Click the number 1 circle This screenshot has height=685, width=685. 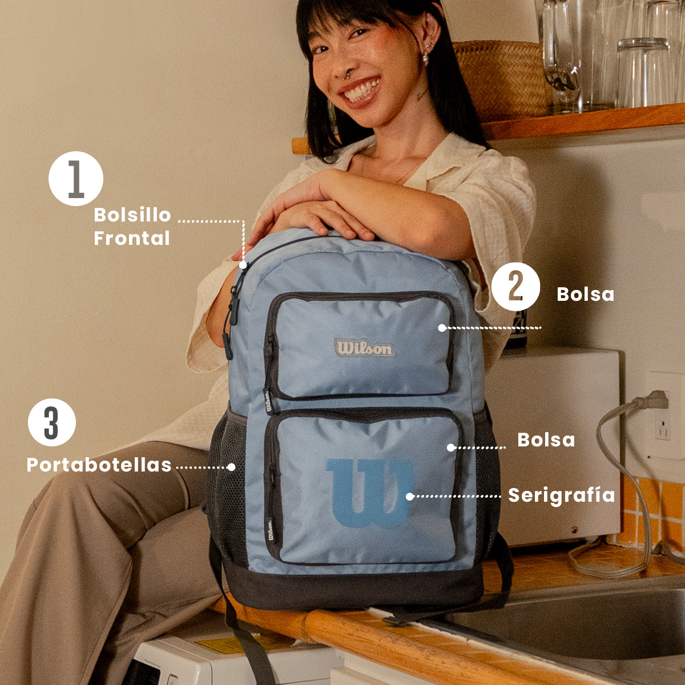pyautogui.click(x=76, y=179)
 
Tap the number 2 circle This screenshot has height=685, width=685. pyautogui.click(x=515, y=287)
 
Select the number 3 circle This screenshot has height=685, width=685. pyautogui.click(x=52, y=422)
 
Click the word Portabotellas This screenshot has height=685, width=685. pyautogui.click(x=99, y=465)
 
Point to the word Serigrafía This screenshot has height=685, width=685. pyautogui.click(x=561, y=495)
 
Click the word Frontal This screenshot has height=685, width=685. pyautogui.click(x=132, y=238)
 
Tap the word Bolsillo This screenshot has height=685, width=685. pyautogui.click(x=132, y=215)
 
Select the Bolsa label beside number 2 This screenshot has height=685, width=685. pyautogui.click(x=585, y=295)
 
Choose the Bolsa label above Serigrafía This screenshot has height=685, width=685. pyautogui.click(x=546, y=440)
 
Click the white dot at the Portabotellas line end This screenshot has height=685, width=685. pyautogui.click(x=231, y=467)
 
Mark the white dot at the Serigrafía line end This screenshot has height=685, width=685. pyautogui.click(x=410, y=497)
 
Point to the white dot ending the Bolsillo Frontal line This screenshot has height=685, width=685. pyautogui.click(x=243, y=265)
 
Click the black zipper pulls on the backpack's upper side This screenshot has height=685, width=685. pyautogui.click(x=231, y=320)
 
